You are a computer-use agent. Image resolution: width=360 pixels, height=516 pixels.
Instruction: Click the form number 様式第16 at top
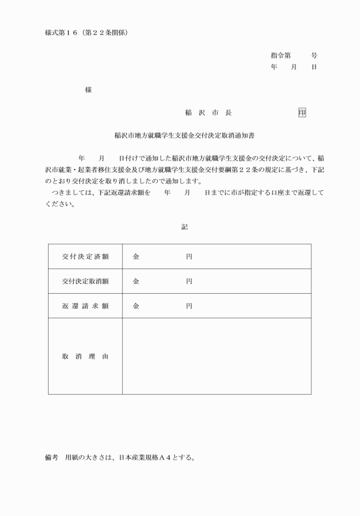[x=63, y=33]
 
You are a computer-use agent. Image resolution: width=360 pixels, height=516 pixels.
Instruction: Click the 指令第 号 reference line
[x=294, y=56]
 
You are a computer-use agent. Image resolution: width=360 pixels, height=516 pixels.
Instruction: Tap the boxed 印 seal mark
[x=302, y=113]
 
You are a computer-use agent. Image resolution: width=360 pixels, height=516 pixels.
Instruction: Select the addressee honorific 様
[x=87, y=90]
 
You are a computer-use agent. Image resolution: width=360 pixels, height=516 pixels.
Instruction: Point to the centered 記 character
[x=184, y=227]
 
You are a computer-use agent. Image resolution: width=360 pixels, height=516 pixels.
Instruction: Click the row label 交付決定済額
[x=85, y=257]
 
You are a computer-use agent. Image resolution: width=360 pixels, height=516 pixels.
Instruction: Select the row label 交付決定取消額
[x=85, y=281]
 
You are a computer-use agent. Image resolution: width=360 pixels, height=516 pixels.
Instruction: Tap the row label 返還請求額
[x=85, y=306]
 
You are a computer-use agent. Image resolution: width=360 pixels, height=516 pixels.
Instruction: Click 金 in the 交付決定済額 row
[x=136, y=257]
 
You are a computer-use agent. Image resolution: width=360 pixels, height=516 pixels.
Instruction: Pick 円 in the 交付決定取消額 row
[x=189, y=281]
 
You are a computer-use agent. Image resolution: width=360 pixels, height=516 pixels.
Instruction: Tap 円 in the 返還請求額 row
[x=189, y=306]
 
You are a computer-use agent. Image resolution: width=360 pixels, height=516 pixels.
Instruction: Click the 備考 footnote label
[x=52, y=457]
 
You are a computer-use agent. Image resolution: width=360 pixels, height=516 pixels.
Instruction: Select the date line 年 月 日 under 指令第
[x=294, y=67]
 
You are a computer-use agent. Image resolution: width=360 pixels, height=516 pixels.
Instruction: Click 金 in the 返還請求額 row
[x=136, y=306]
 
